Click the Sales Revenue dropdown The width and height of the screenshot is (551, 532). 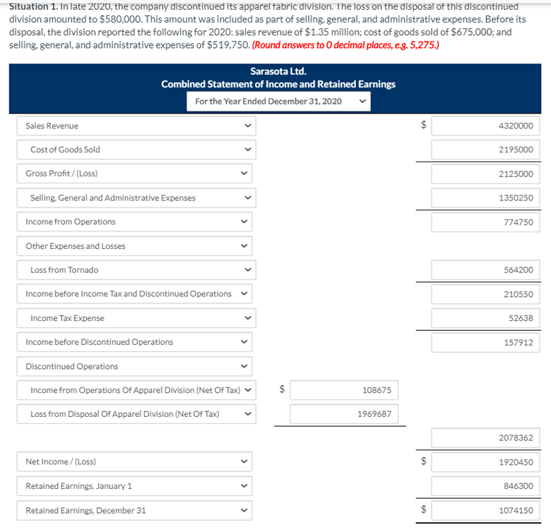[x=136, y=126]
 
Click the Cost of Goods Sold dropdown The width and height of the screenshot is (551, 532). [x=136, y=150]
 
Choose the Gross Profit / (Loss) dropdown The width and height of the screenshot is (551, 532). [x=136, y=174]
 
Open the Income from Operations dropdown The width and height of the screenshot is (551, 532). [x=136, y=222]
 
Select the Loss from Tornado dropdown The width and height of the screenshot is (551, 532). [x=136, y=270]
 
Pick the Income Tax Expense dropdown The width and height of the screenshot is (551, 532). [x=136, y=318]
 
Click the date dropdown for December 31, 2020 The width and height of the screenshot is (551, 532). [x=278, y=102]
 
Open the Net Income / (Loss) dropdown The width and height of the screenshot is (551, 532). [x=136, y=462]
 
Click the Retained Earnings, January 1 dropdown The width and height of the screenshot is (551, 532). [x=136, y=486]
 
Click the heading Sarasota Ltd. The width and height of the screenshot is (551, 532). [x=278, y=71]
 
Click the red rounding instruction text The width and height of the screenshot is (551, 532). [x=346, y=45]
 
